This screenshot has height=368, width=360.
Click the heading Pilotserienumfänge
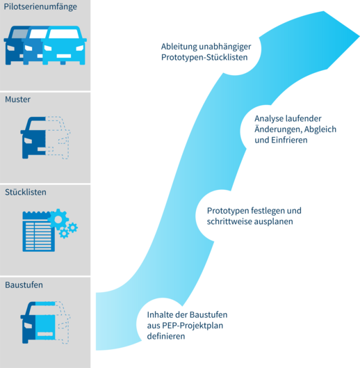[40, 7]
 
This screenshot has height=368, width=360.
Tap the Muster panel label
[17, 99]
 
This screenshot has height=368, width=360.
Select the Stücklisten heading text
[26, 192]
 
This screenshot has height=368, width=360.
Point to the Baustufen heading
[24, 285]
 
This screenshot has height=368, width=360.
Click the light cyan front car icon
[64, 46]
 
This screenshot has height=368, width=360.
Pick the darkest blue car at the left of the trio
[13, 46]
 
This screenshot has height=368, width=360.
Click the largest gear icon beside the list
[58, 219]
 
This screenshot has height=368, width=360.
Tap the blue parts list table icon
[38, 232]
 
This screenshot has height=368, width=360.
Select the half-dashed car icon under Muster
[45, 138]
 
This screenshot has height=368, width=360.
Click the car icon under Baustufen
[45, 323]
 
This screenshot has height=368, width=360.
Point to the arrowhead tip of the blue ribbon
[359, 37]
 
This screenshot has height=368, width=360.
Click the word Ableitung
[179, 47]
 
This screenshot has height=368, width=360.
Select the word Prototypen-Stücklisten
[204, 57]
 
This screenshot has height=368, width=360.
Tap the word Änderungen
[278, 129]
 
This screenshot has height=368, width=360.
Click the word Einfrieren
[289, 140]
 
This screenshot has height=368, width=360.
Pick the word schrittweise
[226, 221]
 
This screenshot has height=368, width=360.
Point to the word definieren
[166, 336]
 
